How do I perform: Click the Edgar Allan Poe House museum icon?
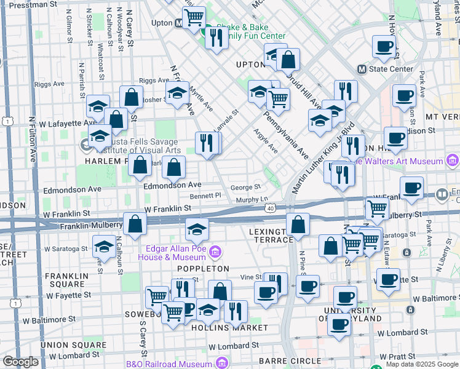tap(215, 252)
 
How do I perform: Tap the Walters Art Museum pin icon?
tap(453, 161)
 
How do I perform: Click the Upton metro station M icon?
tap(179, 23)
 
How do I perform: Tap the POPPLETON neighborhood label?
tap(203, 269)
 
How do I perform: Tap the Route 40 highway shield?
tap(271, 210)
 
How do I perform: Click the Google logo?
tap(21, 362)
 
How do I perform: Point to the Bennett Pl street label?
tap(205, 196)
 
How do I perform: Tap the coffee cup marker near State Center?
tap(384, 46)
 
